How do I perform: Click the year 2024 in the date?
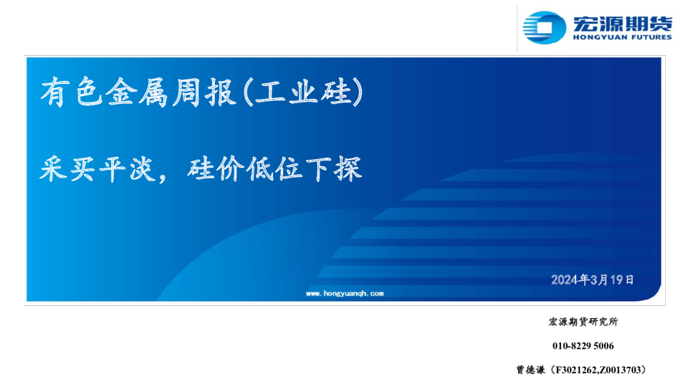565,279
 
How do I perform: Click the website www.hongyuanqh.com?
345,293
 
